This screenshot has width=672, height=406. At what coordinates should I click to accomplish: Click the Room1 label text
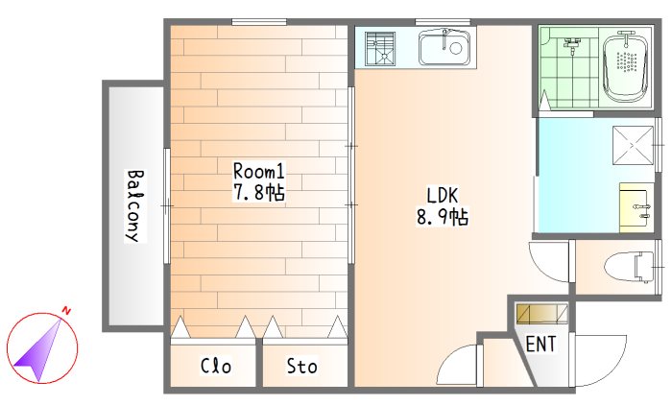[x=258, y=171]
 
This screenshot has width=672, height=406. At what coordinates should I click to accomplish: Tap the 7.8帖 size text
[x=258, y=192]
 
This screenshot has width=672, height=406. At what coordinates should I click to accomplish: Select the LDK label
[x=443, y=195]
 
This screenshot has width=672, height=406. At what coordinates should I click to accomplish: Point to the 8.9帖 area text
[x=443, y=217]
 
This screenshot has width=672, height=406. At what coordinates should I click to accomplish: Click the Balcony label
[x=135, y=206]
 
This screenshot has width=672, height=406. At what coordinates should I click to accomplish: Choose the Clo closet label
[x=216, y=366]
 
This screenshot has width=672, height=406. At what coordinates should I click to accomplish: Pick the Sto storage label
[x=301, y=366]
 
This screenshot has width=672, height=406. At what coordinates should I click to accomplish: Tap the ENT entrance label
[x=540, y=344]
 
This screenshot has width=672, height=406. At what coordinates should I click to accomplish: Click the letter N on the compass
[x=66, y=310]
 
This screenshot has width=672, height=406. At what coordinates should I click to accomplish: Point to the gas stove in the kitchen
[x=380, y=48]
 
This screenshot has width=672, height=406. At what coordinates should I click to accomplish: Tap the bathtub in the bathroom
[x=626, y=67]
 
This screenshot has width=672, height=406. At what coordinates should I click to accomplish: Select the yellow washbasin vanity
[x=636, y=207]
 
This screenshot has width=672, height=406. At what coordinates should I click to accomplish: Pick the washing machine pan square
[x=633, y=145]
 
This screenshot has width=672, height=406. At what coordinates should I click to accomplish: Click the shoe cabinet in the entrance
[x=541, y=314]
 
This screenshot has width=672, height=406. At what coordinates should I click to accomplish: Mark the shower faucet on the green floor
[x=572, y=45]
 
